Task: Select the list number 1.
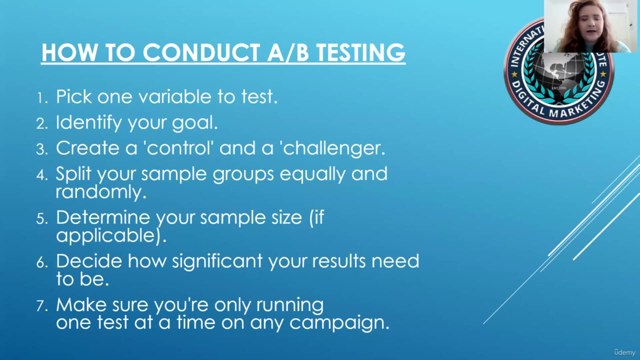[41, 98]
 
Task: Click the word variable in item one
[175, 96]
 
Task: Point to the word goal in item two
[195, 123]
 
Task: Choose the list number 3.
[41, 149]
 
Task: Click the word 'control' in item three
[178, 148]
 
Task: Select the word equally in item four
[312, 174]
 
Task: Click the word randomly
[101, 192]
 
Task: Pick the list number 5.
[41, 219]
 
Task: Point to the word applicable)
[111, 236]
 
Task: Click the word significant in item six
[217, 261]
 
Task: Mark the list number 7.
[41, 306]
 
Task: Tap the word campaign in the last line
[339, 323]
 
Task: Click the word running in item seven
[290, 305]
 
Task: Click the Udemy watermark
[624, 352]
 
